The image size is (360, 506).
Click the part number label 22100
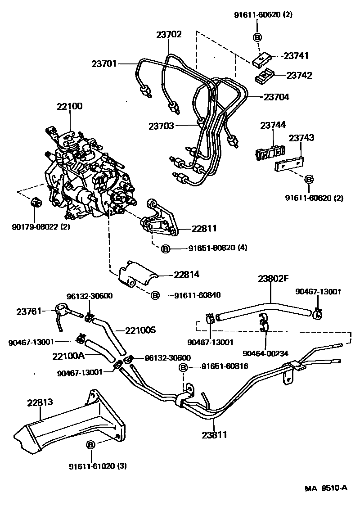coord(70,107)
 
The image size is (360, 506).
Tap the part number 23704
coord(276,96)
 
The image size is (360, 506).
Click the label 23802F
coord(273,278)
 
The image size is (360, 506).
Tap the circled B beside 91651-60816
coord(183,367)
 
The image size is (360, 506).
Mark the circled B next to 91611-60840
coord(154,295)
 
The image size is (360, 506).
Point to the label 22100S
coord(140,330)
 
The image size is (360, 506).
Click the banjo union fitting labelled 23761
coord(62,309)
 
